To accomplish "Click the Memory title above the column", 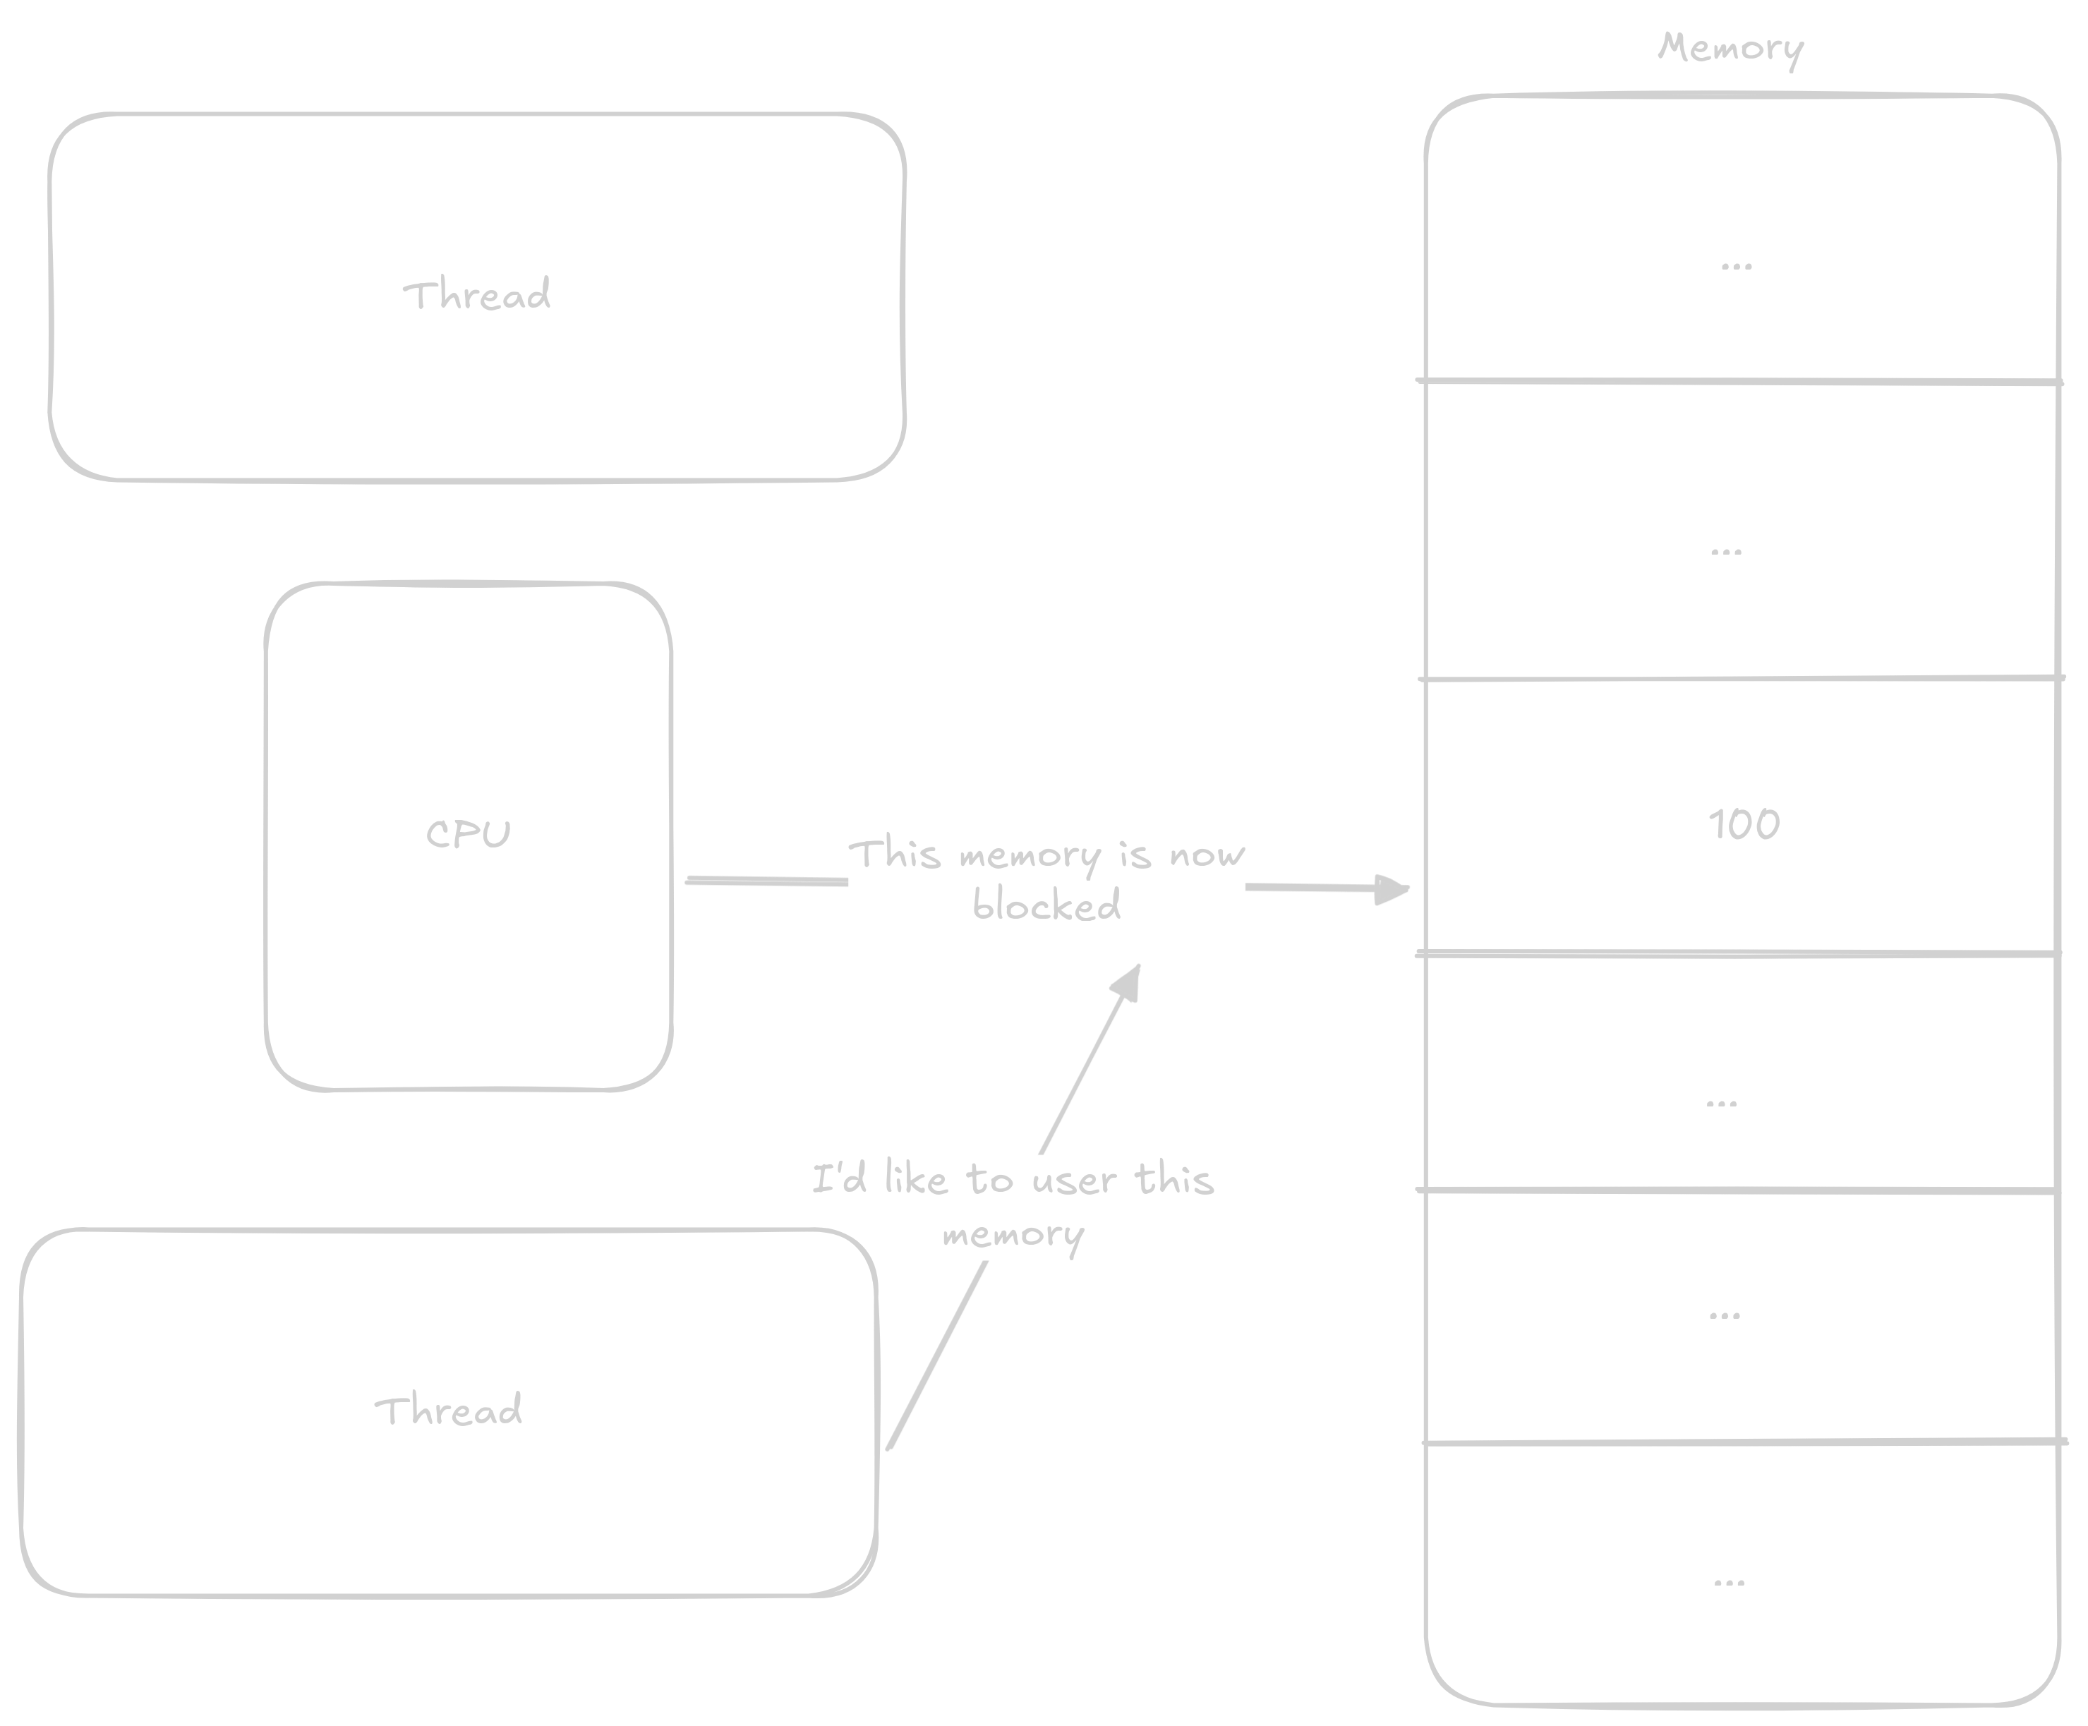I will (x=1730, y=48).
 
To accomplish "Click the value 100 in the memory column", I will (x=1744, y=824).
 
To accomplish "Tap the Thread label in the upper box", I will (x=476, y=295).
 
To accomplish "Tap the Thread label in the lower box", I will (x=448, y=1410).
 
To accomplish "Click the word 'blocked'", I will (x=1046, y=905).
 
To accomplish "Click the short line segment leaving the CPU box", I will (x=766, y=881).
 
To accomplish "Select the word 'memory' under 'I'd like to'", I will (x=1012, y=1235).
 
